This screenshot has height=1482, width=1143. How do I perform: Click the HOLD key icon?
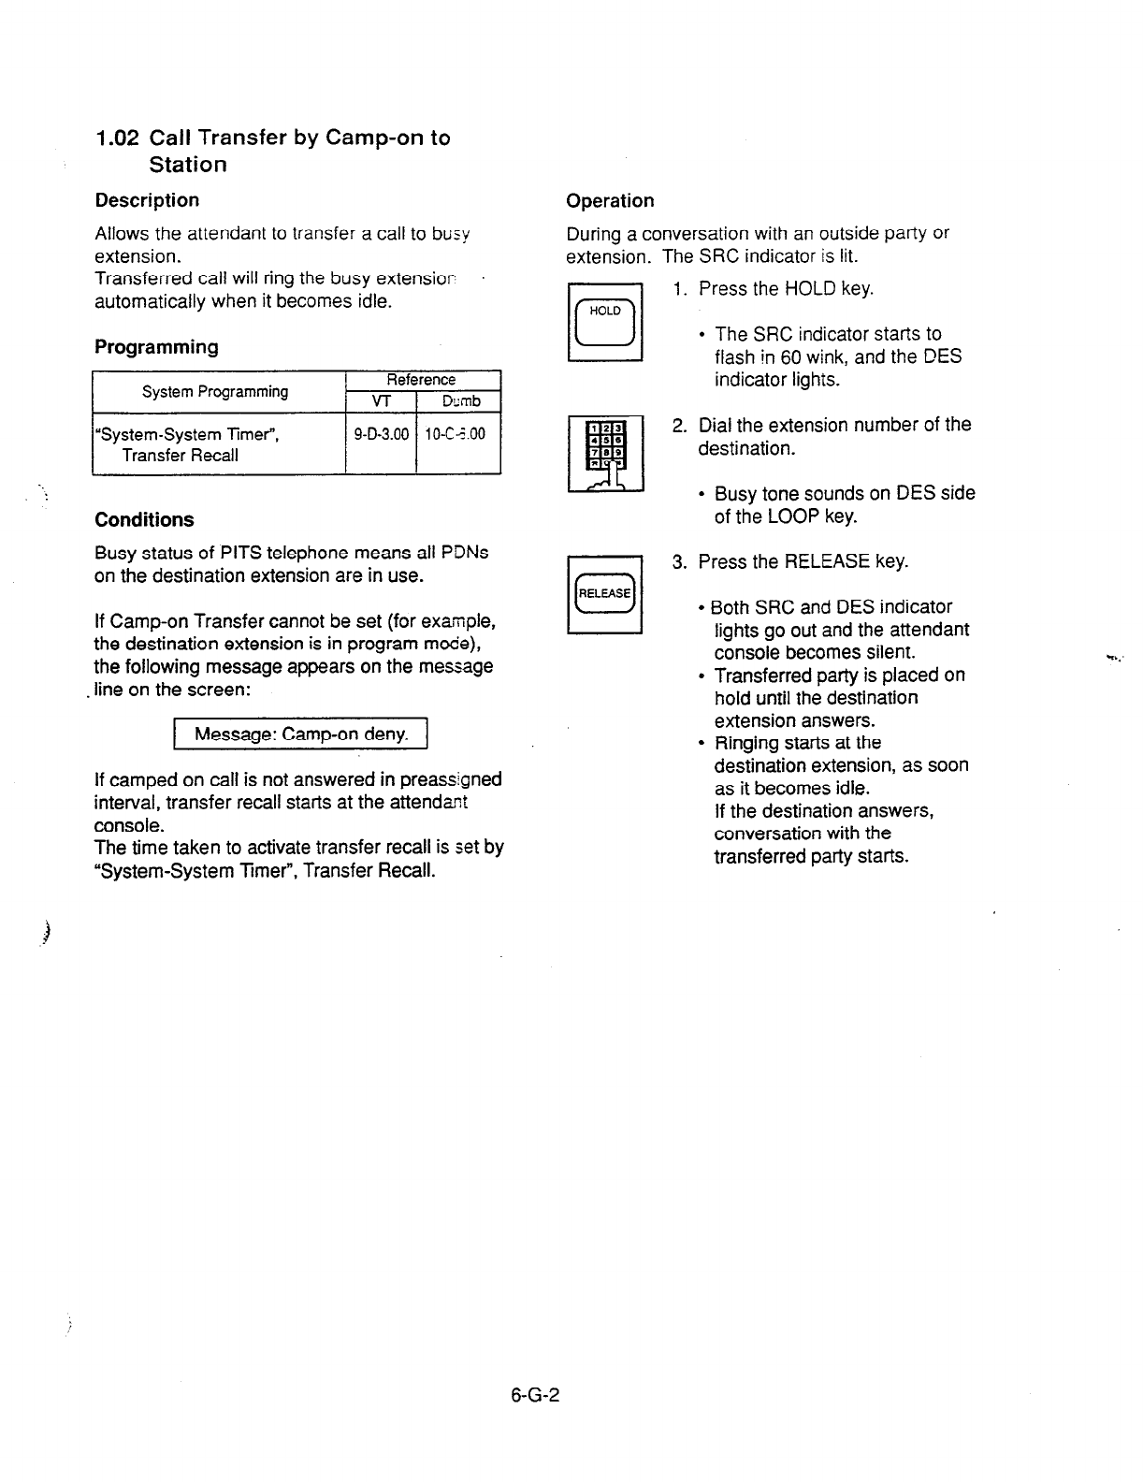click(x=605, y=321)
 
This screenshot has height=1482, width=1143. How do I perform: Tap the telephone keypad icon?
click(x=605, y=453)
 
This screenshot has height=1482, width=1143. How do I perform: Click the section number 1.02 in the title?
click(x=118, y=138)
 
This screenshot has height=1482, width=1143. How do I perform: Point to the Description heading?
click(x=147, y=200)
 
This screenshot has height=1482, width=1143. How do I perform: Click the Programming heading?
click(x=156, y=347)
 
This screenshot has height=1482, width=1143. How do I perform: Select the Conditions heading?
click(x=144, y=520)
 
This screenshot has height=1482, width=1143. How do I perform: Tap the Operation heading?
click(x=610, y=201)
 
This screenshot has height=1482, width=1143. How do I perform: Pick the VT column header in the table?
click(x=380, y=401)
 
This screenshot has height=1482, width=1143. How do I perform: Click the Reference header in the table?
click(x=421, y=380)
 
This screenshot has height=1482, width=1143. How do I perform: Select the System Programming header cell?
click(x=215, y=391)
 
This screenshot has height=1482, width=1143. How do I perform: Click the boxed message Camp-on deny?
click(x=300, y=734)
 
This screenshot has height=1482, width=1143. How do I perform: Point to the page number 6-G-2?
click(x=535, y=1395)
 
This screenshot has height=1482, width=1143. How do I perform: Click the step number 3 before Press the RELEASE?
click(x=678, y=562)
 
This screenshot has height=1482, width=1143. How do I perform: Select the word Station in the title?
click(x=188, y=165)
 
